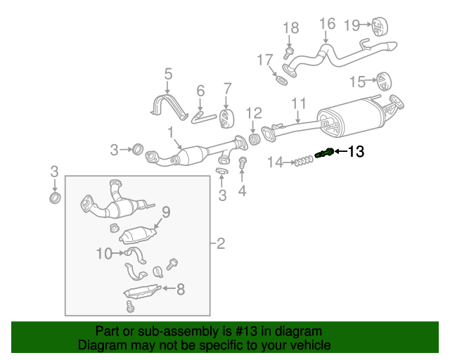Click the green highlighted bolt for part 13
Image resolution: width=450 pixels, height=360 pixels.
point(323,153)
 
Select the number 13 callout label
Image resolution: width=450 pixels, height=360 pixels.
point(356,151)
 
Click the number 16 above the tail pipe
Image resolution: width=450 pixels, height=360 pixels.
point(327,24)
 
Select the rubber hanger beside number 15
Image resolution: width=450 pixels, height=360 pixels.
point(383,81)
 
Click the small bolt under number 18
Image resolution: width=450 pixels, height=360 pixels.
point(289,52)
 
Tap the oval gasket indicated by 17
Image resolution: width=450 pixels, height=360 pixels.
point(280,78)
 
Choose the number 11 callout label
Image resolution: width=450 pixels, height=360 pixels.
point(299,103)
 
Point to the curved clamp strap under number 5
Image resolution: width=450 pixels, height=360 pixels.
point(167,106)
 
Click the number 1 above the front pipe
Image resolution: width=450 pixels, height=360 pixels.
point(170,131)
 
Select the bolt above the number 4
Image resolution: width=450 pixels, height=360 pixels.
point(243,163)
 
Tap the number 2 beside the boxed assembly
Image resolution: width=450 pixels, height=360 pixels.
point(220,244)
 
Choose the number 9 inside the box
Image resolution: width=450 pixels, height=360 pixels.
point(166,210)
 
